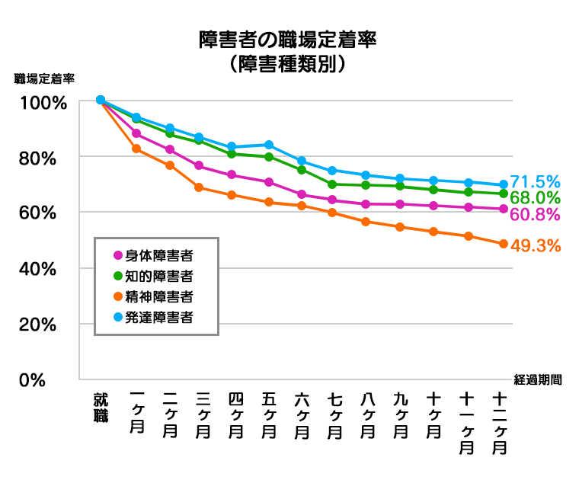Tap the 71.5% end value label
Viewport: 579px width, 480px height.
point(535,181)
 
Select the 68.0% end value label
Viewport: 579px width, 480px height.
point(535,198)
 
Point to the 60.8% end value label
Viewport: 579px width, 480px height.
point(535,214)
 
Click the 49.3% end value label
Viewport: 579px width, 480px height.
point(535,245)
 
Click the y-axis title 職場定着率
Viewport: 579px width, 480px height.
point(43,78)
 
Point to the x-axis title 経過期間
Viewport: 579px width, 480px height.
point(537,379)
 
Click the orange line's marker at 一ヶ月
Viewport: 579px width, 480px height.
point(136,149)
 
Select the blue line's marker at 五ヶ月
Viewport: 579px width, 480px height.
point(269,145)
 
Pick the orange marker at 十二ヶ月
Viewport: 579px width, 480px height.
point(504,244)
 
